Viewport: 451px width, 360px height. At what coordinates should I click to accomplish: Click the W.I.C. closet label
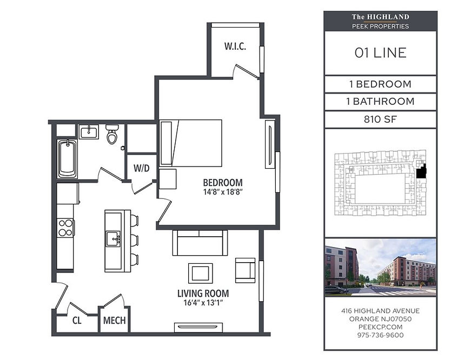coord(235,46)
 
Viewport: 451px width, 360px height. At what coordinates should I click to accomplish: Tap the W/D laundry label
coord(141,168)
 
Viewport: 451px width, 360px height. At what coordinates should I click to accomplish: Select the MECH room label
coord(114,321)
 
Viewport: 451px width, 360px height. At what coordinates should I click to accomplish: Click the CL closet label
coord(77,321)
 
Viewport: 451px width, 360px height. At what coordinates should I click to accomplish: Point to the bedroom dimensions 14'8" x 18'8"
coord(223,192)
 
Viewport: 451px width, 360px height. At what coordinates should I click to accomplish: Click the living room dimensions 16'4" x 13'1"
coord(203,303)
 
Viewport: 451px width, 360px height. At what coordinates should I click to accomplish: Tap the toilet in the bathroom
coord(112,134)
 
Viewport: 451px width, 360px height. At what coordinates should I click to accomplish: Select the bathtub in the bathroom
coord(67,159)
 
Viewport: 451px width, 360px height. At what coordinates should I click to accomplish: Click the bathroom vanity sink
coord(89,132)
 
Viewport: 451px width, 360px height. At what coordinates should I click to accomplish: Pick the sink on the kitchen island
coord(114,239)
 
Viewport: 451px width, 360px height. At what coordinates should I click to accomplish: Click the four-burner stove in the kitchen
coord(65,228)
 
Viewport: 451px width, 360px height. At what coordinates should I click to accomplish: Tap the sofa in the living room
coord(200,243)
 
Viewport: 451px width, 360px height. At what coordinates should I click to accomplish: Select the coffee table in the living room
coord(201,273)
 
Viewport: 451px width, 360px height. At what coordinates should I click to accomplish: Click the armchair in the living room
coord(245,270)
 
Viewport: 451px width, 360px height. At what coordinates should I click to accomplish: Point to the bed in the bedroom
coord(191,143)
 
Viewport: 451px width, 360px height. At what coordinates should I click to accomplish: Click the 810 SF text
coord(380,119)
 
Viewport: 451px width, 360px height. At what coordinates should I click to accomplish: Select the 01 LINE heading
coord(380,53)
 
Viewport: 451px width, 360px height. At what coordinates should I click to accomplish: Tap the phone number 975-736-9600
coord(380,335)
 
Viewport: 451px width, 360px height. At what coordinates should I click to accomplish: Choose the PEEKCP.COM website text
coord(380,327)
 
